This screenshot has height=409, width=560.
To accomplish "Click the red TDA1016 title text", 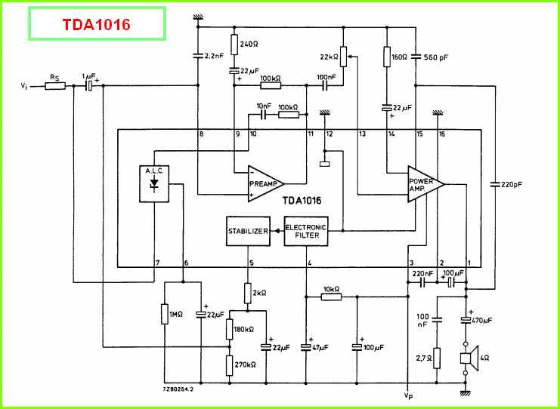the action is (x=97, y=25).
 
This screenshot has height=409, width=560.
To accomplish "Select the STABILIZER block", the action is (x=248, y=231).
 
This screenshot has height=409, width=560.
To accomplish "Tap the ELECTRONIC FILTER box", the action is (x=306, y=231).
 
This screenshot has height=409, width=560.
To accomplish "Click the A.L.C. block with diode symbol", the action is (x=154, y=184).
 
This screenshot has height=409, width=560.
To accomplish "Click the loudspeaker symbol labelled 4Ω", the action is (x=469, y=358).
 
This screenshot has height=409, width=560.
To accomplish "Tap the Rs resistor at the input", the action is (x=55, y=85).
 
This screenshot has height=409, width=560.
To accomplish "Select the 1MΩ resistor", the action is (x=165, y=314).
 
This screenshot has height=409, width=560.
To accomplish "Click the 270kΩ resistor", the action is (x=230, y=365).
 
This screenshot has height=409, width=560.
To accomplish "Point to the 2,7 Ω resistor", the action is (x=436, y=358).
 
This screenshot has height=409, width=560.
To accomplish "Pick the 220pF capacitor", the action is (x=495, y=184).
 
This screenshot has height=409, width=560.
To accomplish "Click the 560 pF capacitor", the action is (x=416, y=56).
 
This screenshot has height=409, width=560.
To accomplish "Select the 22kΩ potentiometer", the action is (x=343, y=57).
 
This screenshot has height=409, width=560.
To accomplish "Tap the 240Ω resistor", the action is (x=234, y=45).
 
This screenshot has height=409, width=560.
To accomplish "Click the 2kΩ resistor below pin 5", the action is (x=248, y=293).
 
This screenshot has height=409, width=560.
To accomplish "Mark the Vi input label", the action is (x=23, y=86).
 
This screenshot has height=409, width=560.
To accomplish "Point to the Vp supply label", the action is (x=408, y=395).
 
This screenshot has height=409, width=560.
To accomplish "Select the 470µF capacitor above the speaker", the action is (x=466, y=319).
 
